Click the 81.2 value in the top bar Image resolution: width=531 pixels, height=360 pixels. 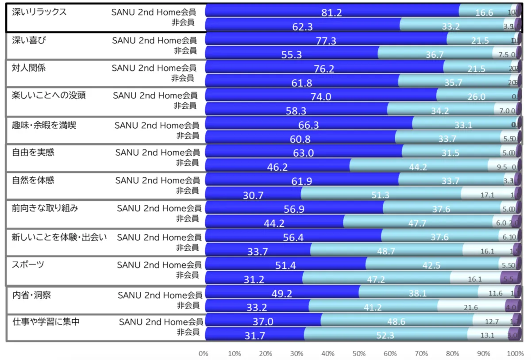331,13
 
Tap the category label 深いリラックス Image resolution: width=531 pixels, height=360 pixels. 39,12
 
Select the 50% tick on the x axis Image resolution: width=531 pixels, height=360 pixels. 359,354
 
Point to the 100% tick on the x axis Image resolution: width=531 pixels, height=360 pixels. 515,354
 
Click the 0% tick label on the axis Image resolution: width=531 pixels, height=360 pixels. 203,354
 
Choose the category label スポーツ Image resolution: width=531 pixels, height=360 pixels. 28,264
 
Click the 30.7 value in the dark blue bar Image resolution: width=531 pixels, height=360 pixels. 253,195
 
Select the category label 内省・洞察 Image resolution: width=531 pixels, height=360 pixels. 31,295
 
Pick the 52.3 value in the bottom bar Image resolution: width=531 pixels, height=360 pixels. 385,336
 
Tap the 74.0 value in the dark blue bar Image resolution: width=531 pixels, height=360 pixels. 321,97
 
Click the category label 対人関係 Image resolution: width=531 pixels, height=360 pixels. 29,68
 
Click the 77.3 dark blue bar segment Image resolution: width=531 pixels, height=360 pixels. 326,41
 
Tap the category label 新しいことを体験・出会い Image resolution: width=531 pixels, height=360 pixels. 59,237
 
